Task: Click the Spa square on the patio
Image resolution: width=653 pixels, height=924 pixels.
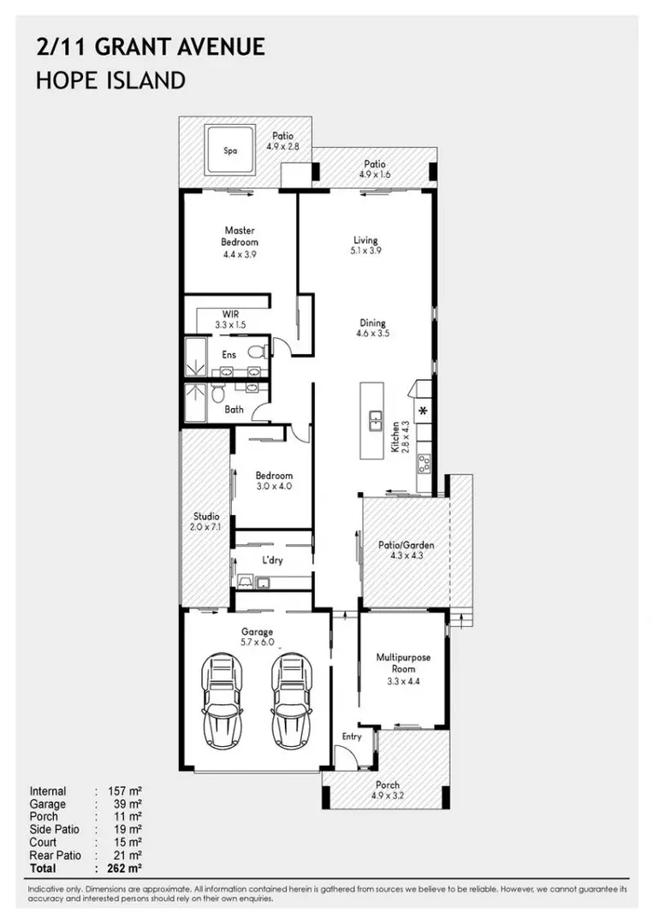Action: click(230, 150)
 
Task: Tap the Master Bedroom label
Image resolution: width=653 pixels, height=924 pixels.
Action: click(240, 236)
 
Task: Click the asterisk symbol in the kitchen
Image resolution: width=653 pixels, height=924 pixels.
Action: click(423, 411)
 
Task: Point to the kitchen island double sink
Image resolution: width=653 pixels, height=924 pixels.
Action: click(375, 421)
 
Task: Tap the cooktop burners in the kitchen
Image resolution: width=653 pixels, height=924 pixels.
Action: click(424, 463)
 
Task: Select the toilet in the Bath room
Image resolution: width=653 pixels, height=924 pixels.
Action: click(217, 392)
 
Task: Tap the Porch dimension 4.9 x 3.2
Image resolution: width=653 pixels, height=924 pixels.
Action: click(387, 796)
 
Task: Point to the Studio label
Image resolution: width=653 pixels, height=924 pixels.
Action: click(206, 516)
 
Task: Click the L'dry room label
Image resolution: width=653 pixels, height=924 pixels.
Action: click(272, 560)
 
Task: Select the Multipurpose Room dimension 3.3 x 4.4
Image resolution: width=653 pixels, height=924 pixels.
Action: click(403, 681)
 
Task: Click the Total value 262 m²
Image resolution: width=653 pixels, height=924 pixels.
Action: click(124, 868)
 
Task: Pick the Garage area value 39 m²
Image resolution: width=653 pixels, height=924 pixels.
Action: click(128, 803)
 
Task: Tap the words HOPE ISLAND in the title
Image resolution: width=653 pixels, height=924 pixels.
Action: click(110, 80)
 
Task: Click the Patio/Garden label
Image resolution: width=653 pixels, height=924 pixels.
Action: click(406, 545)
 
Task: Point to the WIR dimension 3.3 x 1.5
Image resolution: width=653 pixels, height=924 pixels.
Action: click(230, 325)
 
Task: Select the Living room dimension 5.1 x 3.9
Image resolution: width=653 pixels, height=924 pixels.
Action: click(365, 251)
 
